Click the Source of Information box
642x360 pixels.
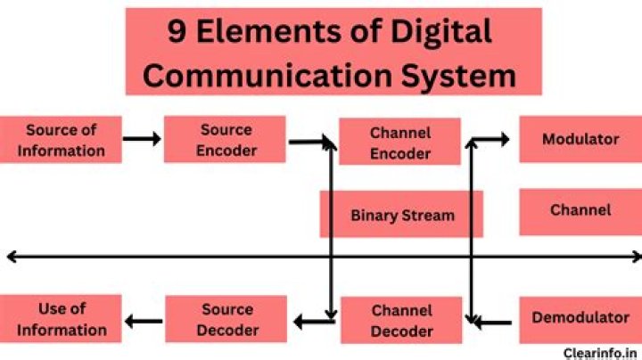pyautogui.click(x=61, y=140)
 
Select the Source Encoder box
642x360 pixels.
pyautogui.click(x=225, y=140)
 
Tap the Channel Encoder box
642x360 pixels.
pyautogui.click(x=399, y=143)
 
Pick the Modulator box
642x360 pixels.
pyautogui.click(x=580, y=139)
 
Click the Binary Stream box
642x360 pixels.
pyautogui.click(x=401, y=215)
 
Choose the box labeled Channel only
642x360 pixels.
pyautogui.click(x=580, y=211)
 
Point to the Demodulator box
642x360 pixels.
pyautogui.click(x=580, y=318)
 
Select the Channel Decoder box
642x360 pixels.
pyautogui.click(x=401, y=321)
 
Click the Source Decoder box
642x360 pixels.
pyautogui.click(x=226, y=319)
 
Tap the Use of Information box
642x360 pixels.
pyautogui.click(x=61, y=318)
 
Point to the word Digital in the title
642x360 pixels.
pyautogui.click(x=440, y=32)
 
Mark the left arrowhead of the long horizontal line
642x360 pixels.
pyautogui.click(x=11, y=258)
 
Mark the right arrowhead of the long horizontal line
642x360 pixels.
pyautogui.click(x=635, y=258)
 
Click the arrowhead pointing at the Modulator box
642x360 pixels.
pyautogui.click(x=504, y=139)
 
